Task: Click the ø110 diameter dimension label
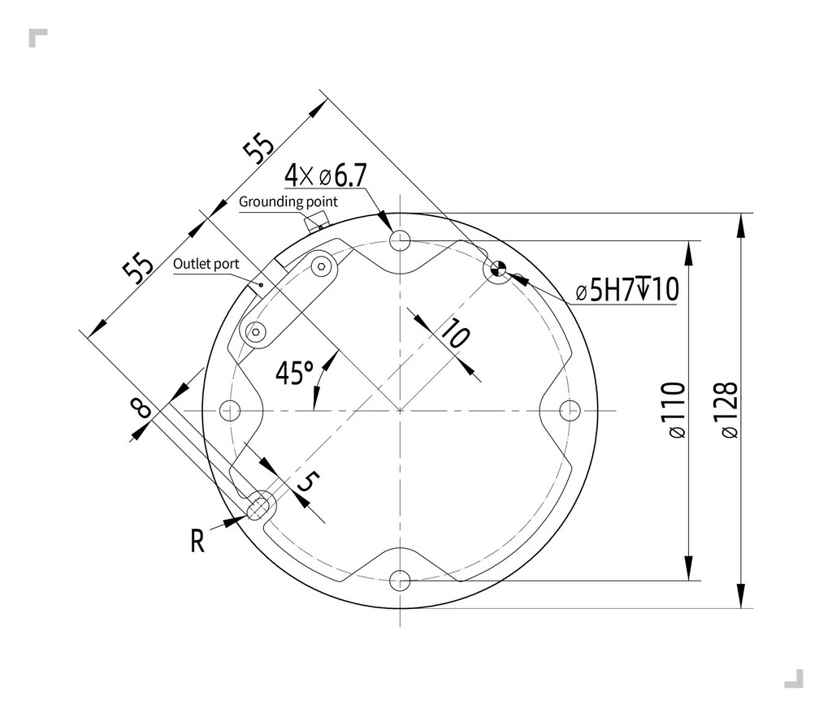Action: point(675,410)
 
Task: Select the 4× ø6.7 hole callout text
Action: point(326,175)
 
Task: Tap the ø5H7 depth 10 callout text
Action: point(626,290)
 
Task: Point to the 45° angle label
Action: point(294,374)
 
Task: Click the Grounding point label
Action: point(288,201)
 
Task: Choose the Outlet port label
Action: point(206,264)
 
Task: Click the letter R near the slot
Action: point(197,541)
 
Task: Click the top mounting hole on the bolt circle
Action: point(400,240)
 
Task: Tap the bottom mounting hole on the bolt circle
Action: point(400,580)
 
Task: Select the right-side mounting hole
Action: point(570,410)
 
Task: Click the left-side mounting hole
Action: point(231,410)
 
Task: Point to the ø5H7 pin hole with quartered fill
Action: point(497,270)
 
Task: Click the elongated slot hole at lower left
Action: point(260,505)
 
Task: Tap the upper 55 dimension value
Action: point(258,149)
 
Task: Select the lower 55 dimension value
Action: point(138,268)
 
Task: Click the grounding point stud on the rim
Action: point(314,220)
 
